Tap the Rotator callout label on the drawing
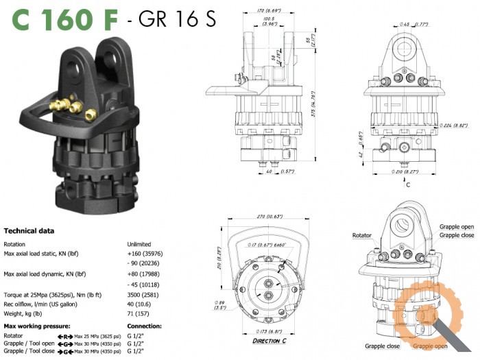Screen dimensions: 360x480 click(361, 235)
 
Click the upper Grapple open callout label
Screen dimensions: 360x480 click(457, 228)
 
